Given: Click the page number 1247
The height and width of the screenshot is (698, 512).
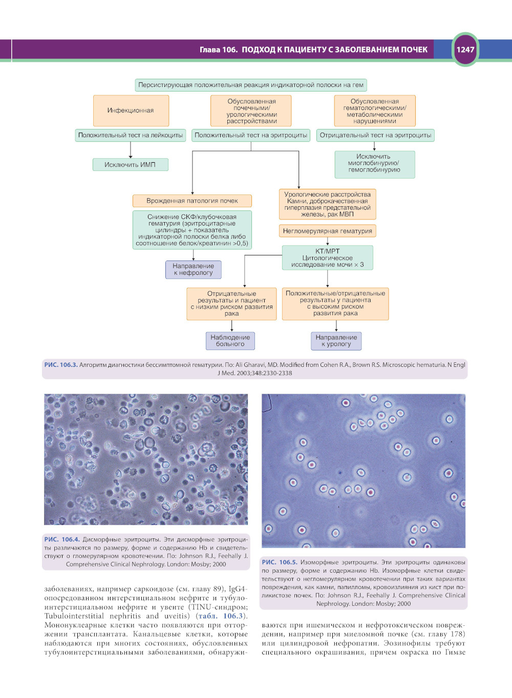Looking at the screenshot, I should tap(465, 50).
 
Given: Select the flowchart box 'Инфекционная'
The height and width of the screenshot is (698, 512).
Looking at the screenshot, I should tap(131, 111).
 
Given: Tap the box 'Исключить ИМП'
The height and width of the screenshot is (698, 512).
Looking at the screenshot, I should tap(130, 165).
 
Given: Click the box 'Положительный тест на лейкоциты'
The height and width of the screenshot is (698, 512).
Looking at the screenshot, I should tap(131, 136).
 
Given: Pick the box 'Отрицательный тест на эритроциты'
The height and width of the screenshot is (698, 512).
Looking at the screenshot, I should tap(375, 136).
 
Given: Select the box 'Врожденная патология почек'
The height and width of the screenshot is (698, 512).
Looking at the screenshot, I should tap(192, 201).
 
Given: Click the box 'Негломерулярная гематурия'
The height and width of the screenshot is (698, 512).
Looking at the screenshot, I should tap(327, 231).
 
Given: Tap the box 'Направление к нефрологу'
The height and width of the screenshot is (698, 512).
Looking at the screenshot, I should tap(193, 270).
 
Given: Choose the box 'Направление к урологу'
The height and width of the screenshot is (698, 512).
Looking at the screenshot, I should tap(336, 341).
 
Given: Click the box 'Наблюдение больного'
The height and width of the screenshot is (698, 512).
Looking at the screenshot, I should tap(230, 341).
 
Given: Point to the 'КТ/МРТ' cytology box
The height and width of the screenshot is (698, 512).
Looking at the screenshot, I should tap(327, 258).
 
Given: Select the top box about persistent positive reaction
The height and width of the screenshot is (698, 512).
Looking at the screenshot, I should tap(251, 85).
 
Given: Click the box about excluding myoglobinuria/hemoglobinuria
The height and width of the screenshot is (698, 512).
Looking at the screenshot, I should tap(374, 164).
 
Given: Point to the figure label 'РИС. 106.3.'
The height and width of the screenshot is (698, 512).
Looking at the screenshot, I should tap(60, 365).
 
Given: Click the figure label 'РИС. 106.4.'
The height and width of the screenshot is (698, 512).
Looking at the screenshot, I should tap(61, 539).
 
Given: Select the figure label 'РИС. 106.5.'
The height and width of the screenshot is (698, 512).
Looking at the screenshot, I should tap(279, 562).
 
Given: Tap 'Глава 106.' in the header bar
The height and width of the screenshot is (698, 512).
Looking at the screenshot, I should tap(219, 50).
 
